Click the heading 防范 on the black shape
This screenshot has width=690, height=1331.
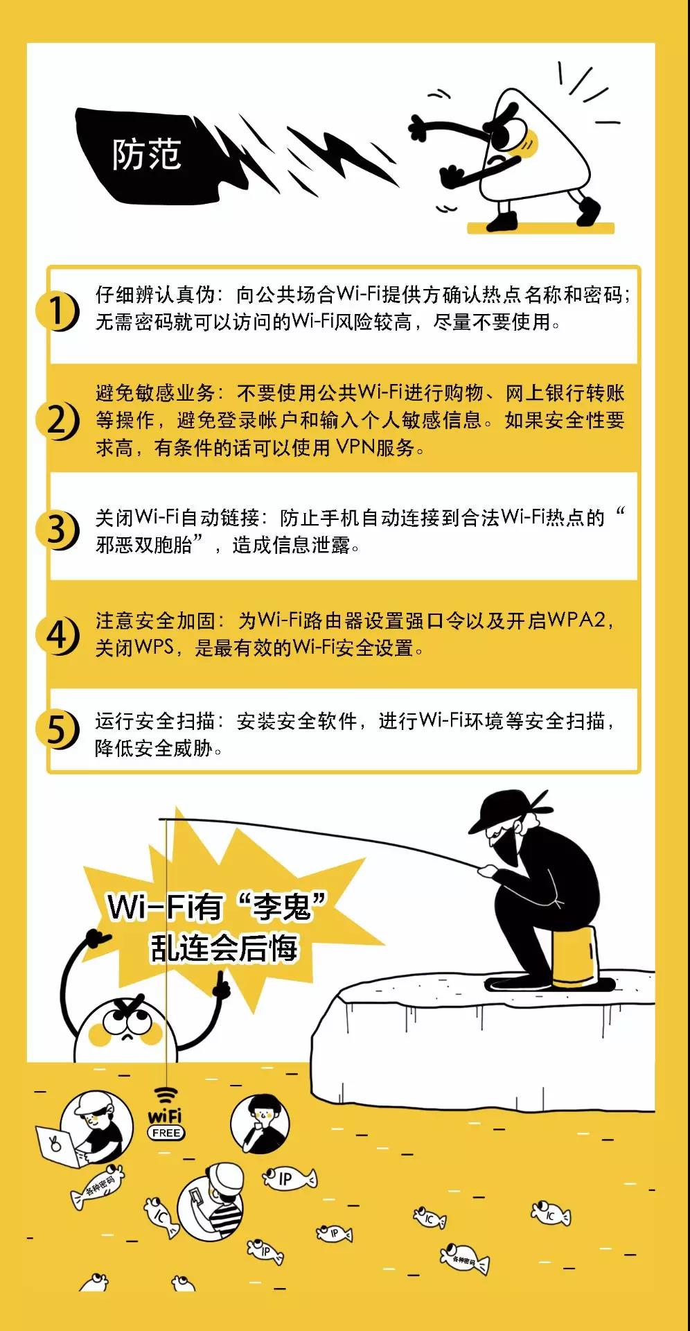coord(147,155)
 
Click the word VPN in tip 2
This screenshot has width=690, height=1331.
coord(355,448)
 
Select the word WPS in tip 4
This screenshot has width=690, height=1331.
coord(154,647)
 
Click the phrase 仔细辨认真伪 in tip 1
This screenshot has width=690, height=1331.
coord(156,295)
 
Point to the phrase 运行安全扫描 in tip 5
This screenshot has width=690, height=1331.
coord(156,721)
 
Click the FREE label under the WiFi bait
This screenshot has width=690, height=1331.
coord(166,1133)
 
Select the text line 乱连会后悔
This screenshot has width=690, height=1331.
coord(224,948)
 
